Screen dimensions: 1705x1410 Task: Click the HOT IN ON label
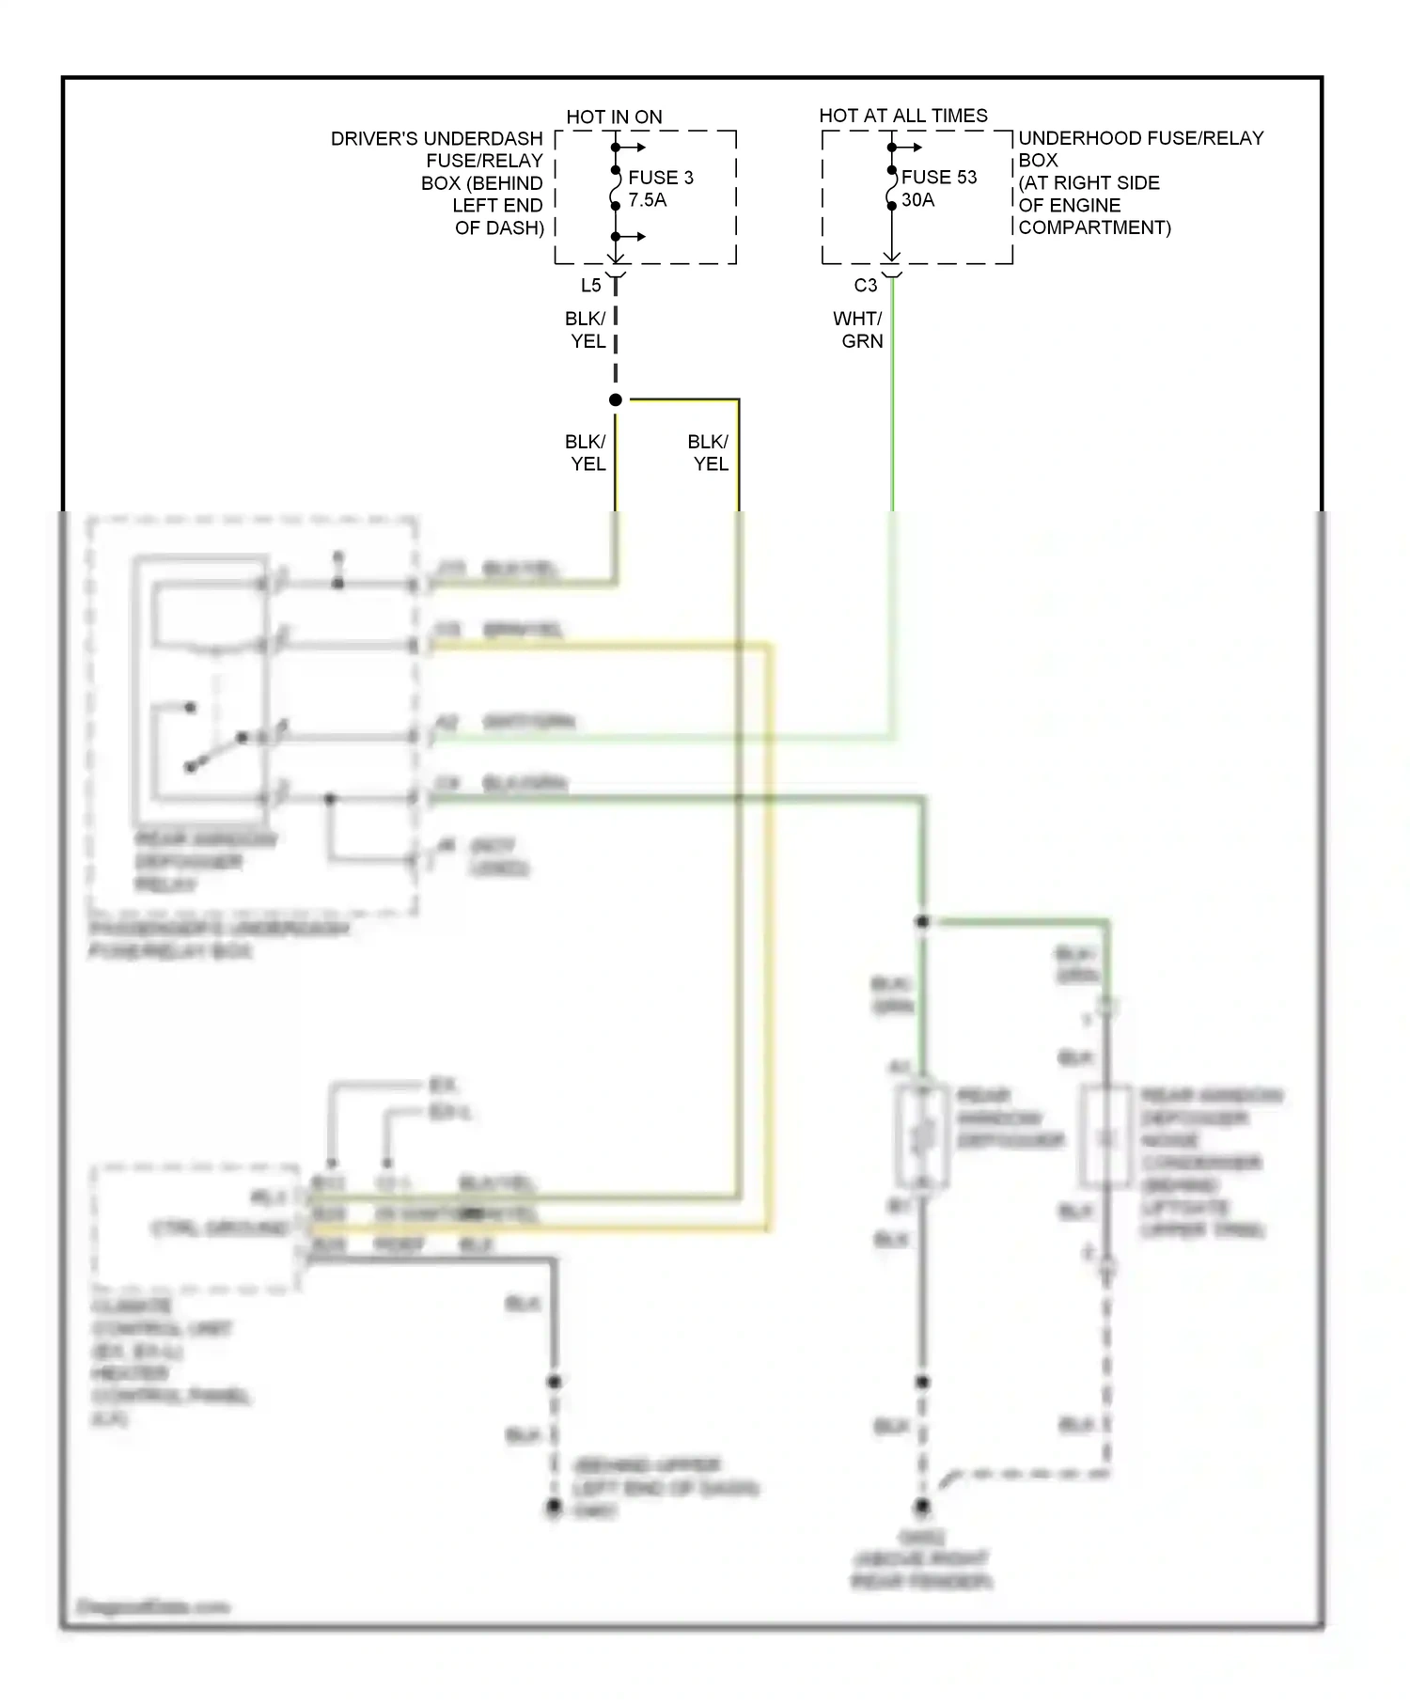tap(614, 117)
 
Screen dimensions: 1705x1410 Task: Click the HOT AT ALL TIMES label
tap(902, 116)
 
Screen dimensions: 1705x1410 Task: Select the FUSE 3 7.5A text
tap(660, 188)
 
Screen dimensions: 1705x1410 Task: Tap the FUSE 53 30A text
tap(938, 188)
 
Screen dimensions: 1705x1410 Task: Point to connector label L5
tap(590, 286)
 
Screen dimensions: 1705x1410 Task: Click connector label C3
tap(865, 285)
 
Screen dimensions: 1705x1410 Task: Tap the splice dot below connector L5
tap(616, 400)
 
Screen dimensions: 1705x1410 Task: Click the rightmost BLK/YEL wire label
tap(709, 452)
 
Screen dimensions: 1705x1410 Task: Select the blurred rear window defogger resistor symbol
tap(922, 1137)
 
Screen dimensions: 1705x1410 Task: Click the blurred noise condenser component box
tap(1105, 1138)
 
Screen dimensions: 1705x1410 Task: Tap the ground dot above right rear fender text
tap(922, 1506)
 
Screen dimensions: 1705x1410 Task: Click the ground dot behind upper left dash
tap(554, 1508)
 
